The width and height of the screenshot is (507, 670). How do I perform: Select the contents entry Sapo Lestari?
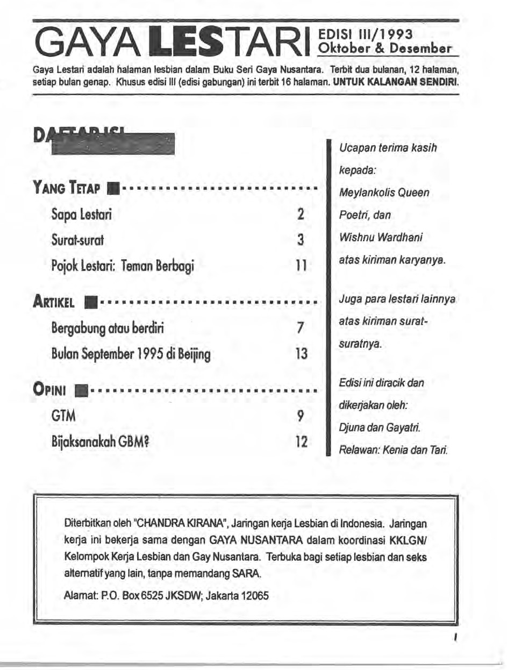(82, 215)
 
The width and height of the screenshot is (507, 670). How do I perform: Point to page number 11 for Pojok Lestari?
(301, 265)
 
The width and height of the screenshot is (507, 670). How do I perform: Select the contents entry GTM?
(63, 416)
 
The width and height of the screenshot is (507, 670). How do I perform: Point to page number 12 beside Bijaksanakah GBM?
(301, 441)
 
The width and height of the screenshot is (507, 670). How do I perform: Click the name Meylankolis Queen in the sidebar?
(384, 192)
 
